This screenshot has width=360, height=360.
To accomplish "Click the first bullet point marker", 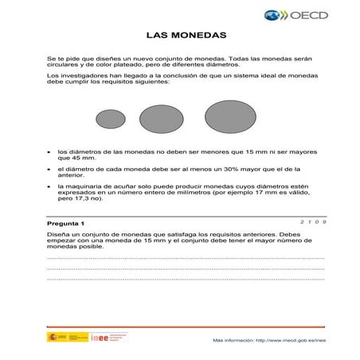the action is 51,151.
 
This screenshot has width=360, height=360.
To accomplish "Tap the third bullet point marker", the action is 51,187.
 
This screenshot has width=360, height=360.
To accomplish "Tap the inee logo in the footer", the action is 104,338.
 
